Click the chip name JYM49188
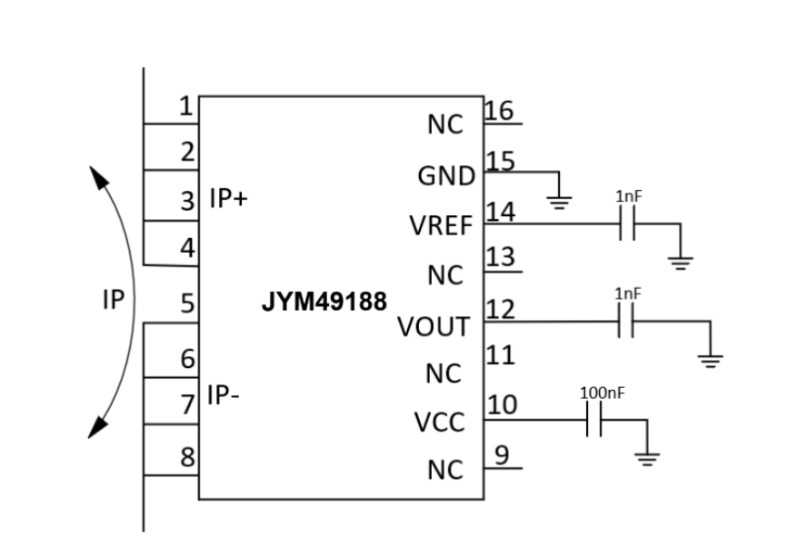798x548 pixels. click(324, 301)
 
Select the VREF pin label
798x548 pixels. click(441, 225)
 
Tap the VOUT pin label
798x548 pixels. click(434, 326)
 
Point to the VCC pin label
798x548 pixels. click(440, 423)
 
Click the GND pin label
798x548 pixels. click(446, 176)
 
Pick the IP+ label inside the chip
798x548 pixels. click(228, 198)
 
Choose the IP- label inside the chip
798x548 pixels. click(223, 394)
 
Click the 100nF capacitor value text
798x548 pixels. click(602, 393)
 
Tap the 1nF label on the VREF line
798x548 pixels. click(629, 196)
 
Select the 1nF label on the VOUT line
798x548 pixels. click(627, 294)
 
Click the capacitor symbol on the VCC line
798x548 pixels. click(594, 420)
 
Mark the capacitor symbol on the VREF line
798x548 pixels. click(627, 224)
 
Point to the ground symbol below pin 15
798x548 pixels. click(559, 203)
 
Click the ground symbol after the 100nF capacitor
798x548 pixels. click(647, 459)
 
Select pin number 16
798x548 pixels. click(499, 110)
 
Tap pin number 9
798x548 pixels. click(502, 455)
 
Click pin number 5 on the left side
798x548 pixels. click(187, 304)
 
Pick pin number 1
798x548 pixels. click(186, 106)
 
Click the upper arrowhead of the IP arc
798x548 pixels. click(98, 176)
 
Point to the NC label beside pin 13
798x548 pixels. click(445, 275)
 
